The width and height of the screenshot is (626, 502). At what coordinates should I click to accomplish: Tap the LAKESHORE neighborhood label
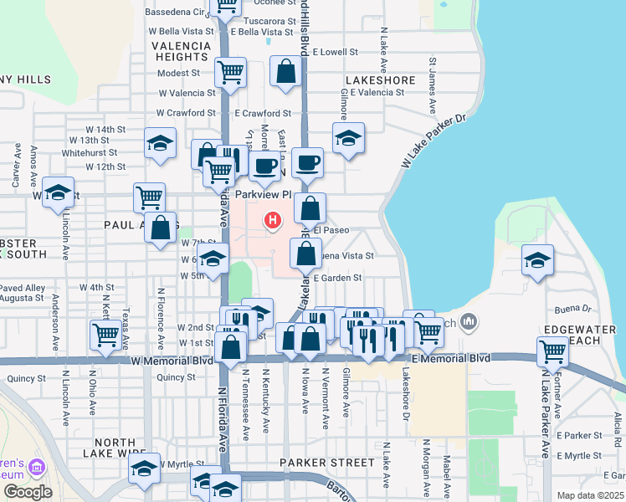(x=378, y=80)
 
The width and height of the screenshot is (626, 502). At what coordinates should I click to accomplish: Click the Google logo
(x=28, y=492)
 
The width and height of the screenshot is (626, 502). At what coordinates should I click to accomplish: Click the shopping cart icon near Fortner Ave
(x=552, y=352)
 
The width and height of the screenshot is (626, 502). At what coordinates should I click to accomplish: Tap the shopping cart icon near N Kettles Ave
(x=105, y=334)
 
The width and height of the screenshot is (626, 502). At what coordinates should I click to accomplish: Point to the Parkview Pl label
(x=262, y=195)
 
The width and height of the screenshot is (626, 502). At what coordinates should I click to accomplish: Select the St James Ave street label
(x=434, y=85)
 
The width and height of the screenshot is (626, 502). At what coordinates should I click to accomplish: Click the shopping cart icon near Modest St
(x=230, y=72)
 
